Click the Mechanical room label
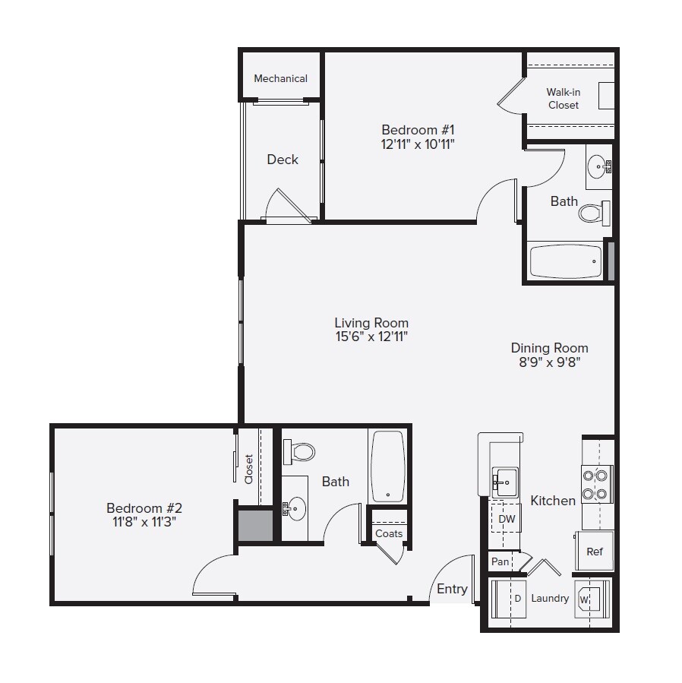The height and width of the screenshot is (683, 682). pyautogui.click(x=280, y=78)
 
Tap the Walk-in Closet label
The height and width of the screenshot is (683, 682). pyautogui.click(x=563, y=99)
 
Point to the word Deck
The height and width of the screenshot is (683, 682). pyautogui.click(x=283, y=160)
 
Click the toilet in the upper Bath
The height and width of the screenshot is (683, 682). pyautogui.click(x=595, y=211)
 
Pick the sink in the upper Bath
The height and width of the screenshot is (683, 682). pyautogui.click(x=598, y=166)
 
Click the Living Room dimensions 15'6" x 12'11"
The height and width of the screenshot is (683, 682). pyautogui.click(x=371, y=337)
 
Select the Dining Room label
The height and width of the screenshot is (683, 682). pyautogui.click(x=549, y=348)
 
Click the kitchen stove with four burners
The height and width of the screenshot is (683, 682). pyautogui.click(x=597, y=485)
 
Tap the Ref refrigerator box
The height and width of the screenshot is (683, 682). pyautogui.click(x=594, y=552)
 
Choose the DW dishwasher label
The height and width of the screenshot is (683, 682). pyautogui.click(x=507, y=520)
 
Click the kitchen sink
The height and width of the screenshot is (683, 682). pyautogui.click(x=504, y=481)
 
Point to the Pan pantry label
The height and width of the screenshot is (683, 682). pyautogui.click(x=500, y=562)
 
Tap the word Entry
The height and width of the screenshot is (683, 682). pyautogui.click(x=452, y=589)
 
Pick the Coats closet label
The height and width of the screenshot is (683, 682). pyautogui.click(x=389, y=533)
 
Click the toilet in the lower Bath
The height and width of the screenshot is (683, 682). pyautogui.click(x=300, y=453)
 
